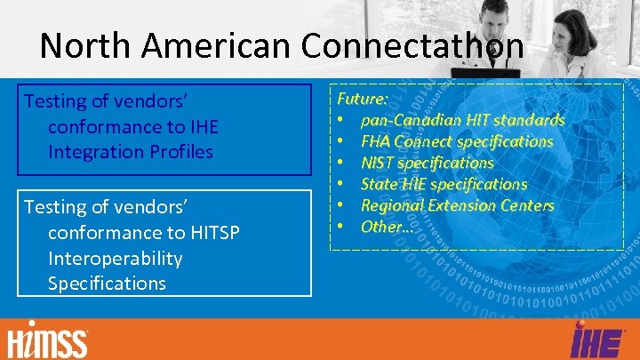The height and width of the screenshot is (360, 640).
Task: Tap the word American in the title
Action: click(227, 46)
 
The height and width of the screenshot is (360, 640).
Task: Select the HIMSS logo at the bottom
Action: click(48, 339)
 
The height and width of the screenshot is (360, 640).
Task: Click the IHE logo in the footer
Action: click(590, 340)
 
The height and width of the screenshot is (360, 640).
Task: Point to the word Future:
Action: click(358, 99)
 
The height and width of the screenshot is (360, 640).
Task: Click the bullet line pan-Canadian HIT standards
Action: click(462, 120)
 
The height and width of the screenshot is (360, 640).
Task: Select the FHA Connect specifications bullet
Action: click(456, 141)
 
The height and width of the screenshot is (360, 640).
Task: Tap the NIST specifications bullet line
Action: click(427, 163)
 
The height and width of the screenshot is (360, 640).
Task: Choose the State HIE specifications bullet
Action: click(444, 184)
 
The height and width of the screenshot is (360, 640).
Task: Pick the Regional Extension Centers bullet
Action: click(457, 205)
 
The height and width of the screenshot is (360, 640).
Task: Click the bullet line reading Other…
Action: click(387, 227)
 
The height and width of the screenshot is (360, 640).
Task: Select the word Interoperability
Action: click(115, 259)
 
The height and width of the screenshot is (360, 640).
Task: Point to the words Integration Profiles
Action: click(131, 152)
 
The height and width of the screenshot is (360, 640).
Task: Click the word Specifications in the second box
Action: click(107, 284)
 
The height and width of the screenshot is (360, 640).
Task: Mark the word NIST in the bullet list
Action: click(380, 163)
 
